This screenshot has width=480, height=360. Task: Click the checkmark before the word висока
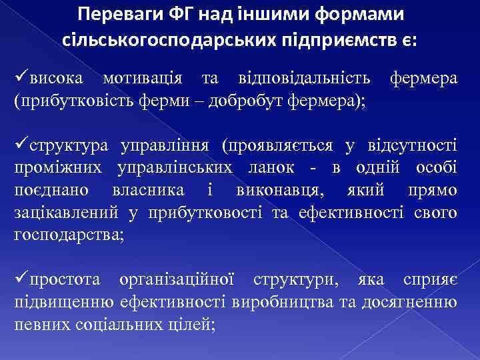point(21,79)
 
